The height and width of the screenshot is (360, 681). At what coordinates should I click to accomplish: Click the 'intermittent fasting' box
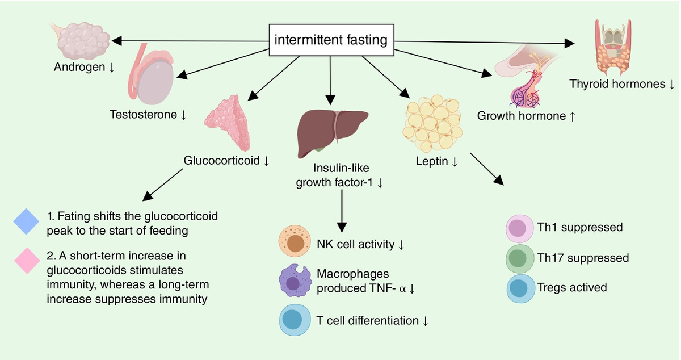pyautogui.click(x=331, y=40)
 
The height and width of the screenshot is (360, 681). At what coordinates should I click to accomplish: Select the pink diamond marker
pyautogui.click(x=25, y=262)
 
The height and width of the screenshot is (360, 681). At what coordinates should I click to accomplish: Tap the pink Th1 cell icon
pyautogui.click(x=520, y=228)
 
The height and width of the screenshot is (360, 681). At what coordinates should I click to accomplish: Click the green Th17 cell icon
pyautogui.click(x=520, y=258)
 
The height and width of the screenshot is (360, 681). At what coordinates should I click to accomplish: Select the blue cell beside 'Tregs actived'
pyautogui.click(x=520, y=287)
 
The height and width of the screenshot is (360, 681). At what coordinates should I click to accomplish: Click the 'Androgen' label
pyautogui.click(x=80, y=67)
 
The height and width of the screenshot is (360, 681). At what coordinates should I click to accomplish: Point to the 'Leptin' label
pyautogui.click(x=432, y=161)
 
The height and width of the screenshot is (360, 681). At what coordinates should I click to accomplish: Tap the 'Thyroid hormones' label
pyautogui.click(x=617, y=84)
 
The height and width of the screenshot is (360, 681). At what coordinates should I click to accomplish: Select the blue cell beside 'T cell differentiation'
pyautogui.click(x=294, y=321)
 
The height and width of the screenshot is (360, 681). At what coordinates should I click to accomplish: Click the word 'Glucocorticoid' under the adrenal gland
pyautogui.click(x=221, y=161)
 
